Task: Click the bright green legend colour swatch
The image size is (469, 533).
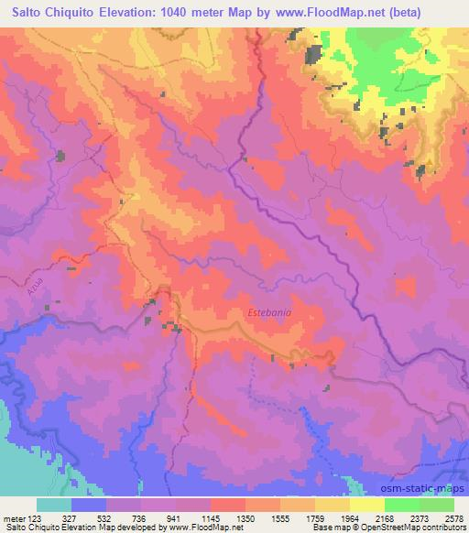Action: pos(400,505)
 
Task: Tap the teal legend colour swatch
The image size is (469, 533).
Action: pos(54,505)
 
